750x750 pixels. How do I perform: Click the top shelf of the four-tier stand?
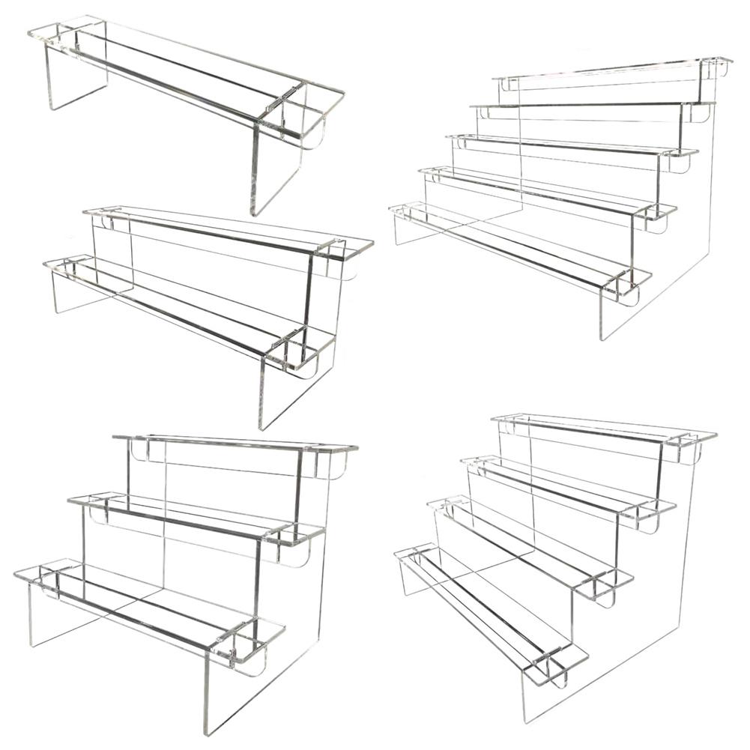(599, 427)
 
